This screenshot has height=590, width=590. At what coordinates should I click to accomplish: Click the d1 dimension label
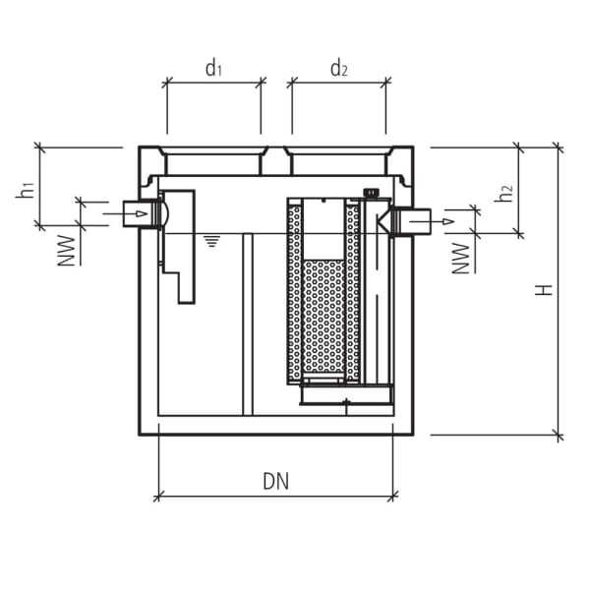213,68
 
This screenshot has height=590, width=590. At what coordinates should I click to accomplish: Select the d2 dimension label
338,68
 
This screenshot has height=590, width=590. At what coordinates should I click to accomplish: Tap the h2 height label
503,193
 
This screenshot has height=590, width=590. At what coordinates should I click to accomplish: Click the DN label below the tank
276,481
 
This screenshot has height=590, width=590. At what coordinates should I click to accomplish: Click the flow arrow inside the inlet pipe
140,213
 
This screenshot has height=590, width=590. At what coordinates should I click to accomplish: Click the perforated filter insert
324,315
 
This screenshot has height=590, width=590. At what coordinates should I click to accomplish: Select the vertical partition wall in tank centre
248,324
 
